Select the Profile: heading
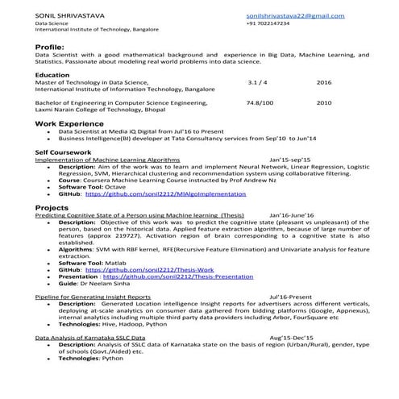[x=49, y=48]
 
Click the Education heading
[x=52, y=75]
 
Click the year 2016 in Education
[x=324, y=82]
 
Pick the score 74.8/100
[x=260, y=103]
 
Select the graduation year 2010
[x=324, y=103]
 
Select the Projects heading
[x=52, y=208]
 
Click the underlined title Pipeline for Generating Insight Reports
[x=93, y=297]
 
